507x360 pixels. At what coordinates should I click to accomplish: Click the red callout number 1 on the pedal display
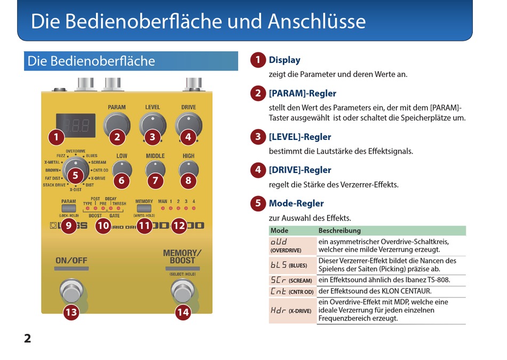tap(56, 137)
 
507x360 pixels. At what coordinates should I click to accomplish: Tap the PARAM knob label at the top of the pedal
tap(117, 107)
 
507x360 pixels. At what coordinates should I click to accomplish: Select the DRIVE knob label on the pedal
tap(188, 107)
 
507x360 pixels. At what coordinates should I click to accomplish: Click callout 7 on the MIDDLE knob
tap(155, 180)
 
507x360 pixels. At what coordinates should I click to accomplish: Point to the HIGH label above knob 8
tap(188, 156)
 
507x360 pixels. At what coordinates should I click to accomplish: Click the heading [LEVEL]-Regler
tap(300, 137)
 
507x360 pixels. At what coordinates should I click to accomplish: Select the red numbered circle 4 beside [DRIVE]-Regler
tap(258, 170)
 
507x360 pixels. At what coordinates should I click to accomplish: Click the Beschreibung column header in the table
tap(339, 231)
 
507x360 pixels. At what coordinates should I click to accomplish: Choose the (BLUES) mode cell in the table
tap(292, 265)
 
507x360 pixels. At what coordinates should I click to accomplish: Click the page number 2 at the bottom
tap(28, 338)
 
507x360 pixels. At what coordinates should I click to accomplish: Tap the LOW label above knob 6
tap(122, 156)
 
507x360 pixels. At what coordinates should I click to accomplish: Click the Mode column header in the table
tap(280, 231)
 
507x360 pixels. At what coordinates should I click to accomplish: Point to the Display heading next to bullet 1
tap(284, 60)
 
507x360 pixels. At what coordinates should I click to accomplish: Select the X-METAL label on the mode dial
tap(52, 162)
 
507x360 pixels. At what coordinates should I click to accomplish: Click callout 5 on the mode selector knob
tap(75, 175)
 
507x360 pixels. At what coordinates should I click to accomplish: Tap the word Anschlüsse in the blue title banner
tap(316, 21)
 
